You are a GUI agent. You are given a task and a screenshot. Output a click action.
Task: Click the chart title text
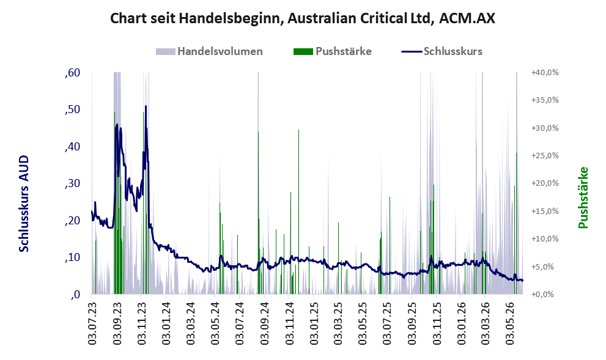click(303, 18)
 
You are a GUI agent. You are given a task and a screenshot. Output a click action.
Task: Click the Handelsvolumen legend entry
click(209, 51)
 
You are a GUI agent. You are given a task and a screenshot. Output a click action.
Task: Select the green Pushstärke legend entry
click(333, 51)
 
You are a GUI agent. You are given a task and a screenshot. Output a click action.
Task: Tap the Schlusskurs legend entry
click(442, 51)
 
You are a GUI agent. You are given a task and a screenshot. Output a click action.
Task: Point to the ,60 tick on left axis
click(73, 73)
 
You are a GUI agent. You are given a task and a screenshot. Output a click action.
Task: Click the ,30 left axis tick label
click(73, 183)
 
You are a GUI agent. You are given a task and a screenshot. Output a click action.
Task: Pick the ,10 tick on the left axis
click(73, 257)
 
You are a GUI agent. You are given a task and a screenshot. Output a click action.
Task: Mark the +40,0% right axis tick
click(545, 72)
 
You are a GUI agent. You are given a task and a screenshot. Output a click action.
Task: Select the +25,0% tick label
click(545, 156)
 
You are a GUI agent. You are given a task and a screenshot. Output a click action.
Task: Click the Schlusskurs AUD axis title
click(24, 204)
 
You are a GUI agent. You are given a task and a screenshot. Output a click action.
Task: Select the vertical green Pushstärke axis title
click(583, 197)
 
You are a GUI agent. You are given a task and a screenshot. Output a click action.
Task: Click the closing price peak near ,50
click(146, 106)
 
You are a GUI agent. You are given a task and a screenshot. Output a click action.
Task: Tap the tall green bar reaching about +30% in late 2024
click(298, 211)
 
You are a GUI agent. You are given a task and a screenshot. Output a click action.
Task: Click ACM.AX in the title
click(467, 18)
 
